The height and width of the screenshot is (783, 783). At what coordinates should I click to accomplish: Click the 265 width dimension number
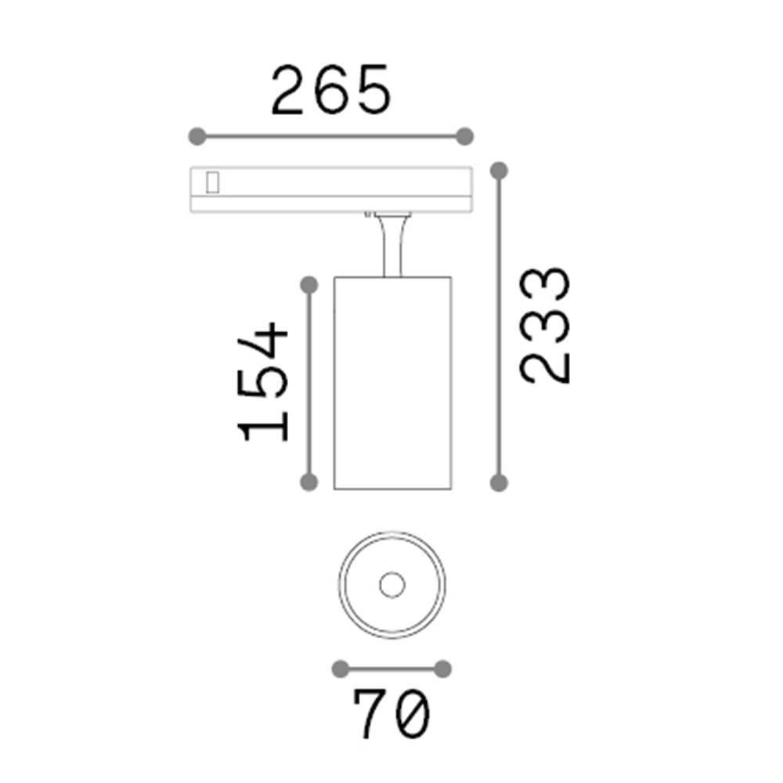pyautogui.click(x=330, y=91)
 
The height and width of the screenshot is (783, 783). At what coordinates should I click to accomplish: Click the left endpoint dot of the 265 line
pyautogui.click(x=197, y=136)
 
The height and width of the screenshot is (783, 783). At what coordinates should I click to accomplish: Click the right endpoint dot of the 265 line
pyautogui.click(x=465, y=136)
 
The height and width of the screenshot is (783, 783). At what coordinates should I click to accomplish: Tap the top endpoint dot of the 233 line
pyautogui.click(x=499, y=170)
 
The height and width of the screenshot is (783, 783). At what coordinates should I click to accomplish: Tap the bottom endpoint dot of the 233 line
pyautogui.click(x=499, y=482)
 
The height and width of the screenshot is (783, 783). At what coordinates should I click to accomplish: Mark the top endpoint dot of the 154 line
pyautogui.click(x=309, y=285)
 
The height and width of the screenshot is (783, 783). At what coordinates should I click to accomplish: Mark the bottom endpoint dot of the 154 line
pyautogui.click(x=309, y=482)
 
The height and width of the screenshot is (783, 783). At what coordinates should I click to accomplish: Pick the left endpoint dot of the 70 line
pyautogui.click(x=340, y=668)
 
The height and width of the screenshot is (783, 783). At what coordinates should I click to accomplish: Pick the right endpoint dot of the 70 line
pyautogui.click(x=442, y=668)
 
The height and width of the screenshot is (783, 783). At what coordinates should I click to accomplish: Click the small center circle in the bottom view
pyautogui.click(x=391, y=584)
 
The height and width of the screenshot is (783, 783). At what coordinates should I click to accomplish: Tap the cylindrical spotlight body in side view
pyautogui.click(x=391, y=384)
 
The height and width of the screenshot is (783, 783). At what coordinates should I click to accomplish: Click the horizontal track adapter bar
pyautogui.click(x=329, y=188)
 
